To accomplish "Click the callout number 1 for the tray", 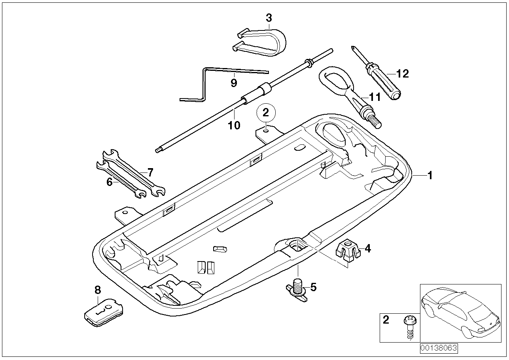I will [430, 175].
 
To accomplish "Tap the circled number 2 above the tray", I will [266, 113].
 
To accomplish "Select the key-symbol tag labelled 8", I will [104, 311].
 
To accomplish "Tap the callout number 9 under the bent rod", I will [233, 83].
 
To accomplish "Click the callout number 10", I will [234, 125].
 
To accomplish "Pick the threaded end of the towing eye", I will [374, 120].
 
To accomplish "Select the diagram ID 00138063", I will [439, 349].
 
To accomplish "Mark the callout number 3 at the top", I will [269, 17].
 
